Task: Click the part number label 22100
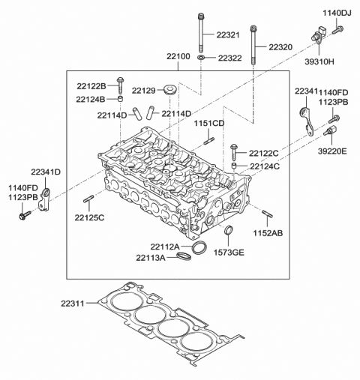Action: (178, 56)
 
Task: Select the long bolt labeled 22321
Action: (203, 33)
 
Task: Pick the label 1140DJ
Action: (337, 13)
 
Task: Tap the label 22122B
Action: (91, 86)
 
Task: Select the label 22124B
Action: (91, 99)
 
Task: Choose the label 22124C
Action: (265, 166)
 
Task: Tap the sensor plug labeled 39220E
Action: (328, 133)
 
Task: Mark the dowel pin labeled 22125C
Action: (88, 200)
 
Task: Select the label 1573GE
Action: (230, 253)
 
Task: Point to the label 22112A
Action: (164, 247)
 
